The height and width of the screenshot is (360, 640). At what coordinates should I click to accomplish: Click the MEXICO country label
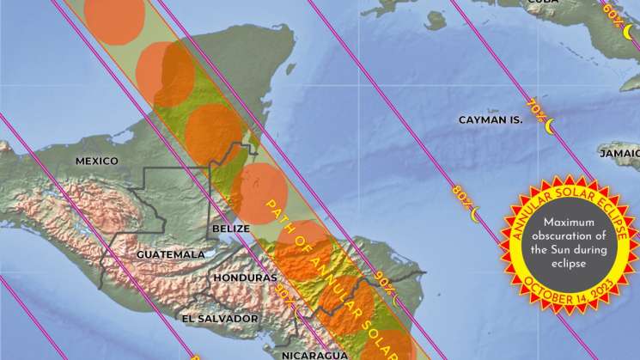(96, 161)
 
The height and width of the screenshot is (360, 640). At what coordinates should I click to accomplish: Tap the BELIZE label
(231, 229)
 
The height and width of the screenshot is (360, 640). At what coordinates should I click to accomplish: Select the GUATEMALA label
(171, 254)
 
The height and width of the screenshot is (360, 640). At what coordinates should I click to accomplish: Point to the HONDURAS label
(245, 278)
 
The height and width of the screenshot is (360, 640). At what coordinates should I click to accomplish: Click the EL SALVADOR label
(220, 318)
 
